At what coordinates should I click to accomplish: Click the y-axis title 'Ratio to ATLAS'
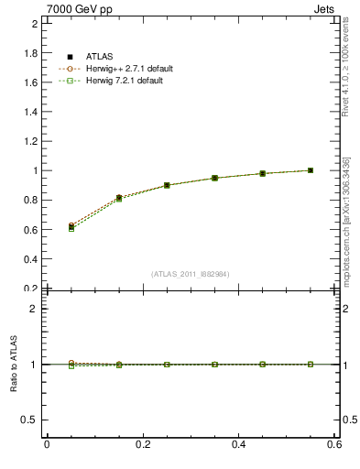pos(14,365)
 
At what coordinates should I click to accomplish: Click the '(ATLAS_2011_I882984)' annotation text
pos(190,274)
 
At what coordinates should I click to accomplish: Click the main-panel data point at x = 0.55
pos(311,170)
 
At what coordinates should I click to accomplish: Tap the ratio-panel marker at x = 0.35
pos(214,365)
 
